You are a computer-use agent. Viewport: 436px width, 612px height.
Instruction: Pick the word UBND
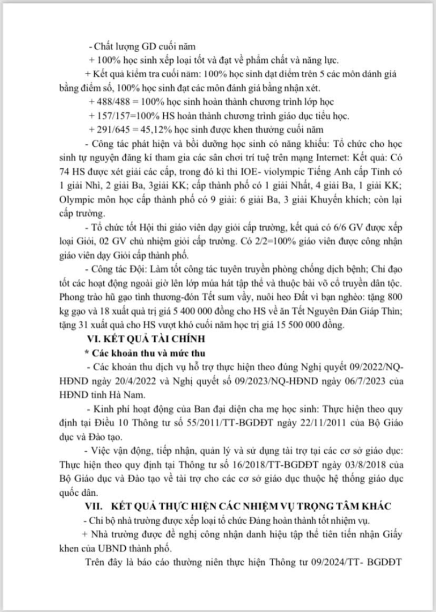[92, 549]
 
